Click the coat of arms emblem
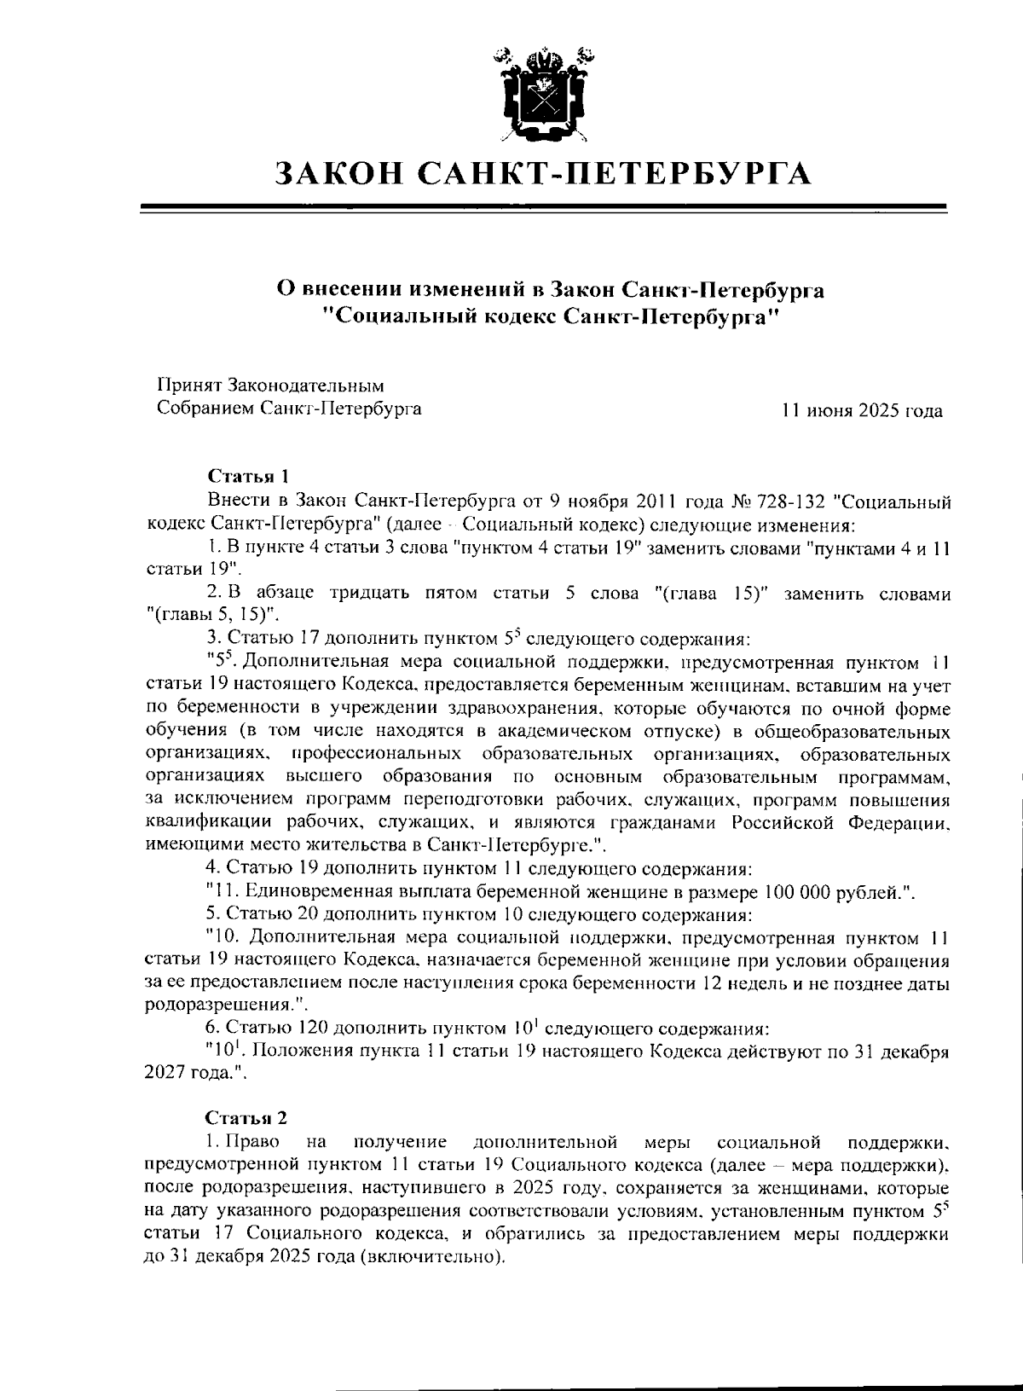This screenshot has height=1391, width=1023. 543,93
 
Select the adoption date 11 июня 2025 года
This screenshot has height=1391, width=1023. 862,411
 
